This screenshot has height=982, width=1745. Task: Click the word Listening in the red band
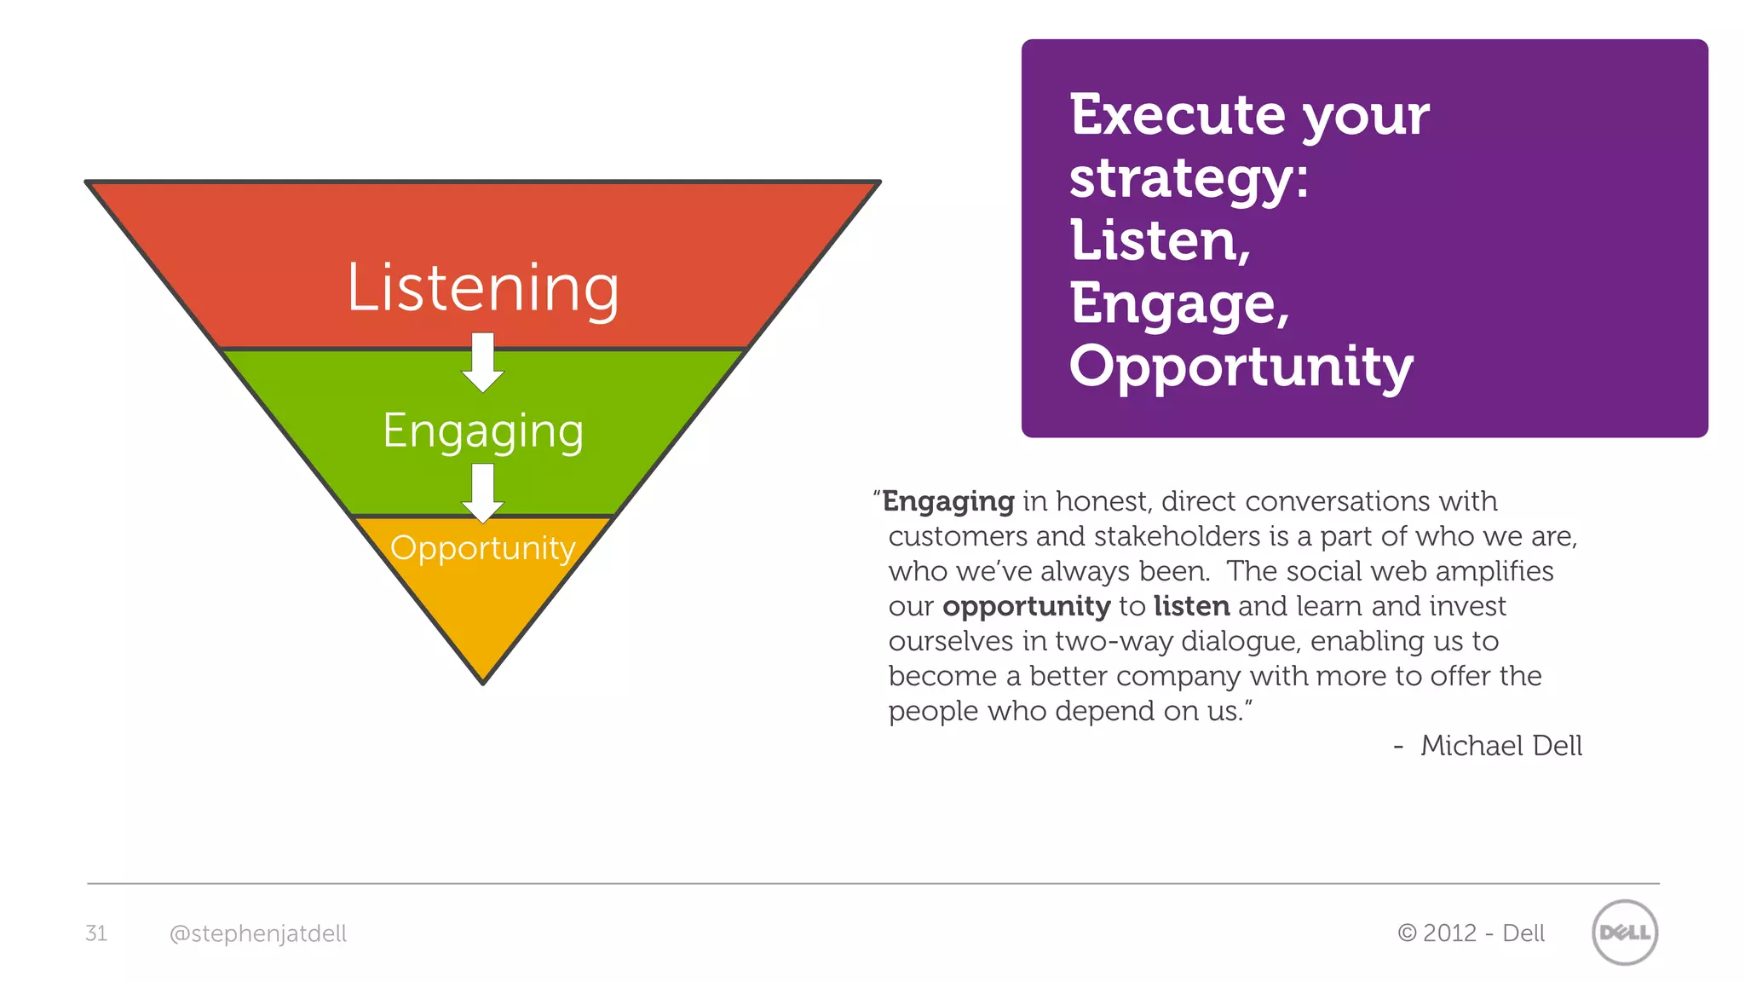pos(482,288)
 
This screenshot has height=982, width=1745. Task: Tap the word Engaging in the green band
pos(482,430)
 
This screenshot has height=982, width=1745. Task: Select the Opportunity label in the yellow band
pos(482,548)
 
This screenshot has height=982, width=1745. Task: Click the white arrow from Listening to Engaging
pos(483,362)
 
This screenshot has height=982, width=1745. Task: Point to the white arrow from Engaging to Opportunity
pos(483,493)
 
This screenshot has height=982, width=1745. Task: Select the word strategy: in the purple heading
pos(1189,179)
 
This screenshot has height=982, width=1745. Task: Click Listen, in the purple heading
pos(1160,241)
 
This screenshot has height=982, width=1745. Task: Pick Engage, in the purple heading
pos(1179,304)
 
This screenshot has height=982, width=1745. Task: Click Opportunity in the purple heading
pos(1241,367)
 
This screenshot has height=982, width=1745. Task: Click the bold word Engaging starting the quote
pos(947,501)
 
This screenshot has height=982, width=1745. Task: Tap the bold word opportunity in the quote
pos(1026,606)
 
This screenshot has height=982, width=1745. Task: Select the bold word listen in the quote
pos(1191,606)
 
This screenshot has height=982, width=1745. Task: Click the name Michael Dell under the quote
pos(1500,746)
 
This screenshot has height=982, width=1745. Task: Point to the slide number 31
pos(96,933)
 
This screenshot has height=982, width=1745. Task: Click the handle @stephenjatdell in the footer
pos(258,933)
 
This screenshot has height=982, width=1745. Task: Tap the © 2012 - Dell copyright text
pos(1471,933)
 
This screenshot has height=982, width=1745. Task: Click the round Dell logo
pos(1624,933)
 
